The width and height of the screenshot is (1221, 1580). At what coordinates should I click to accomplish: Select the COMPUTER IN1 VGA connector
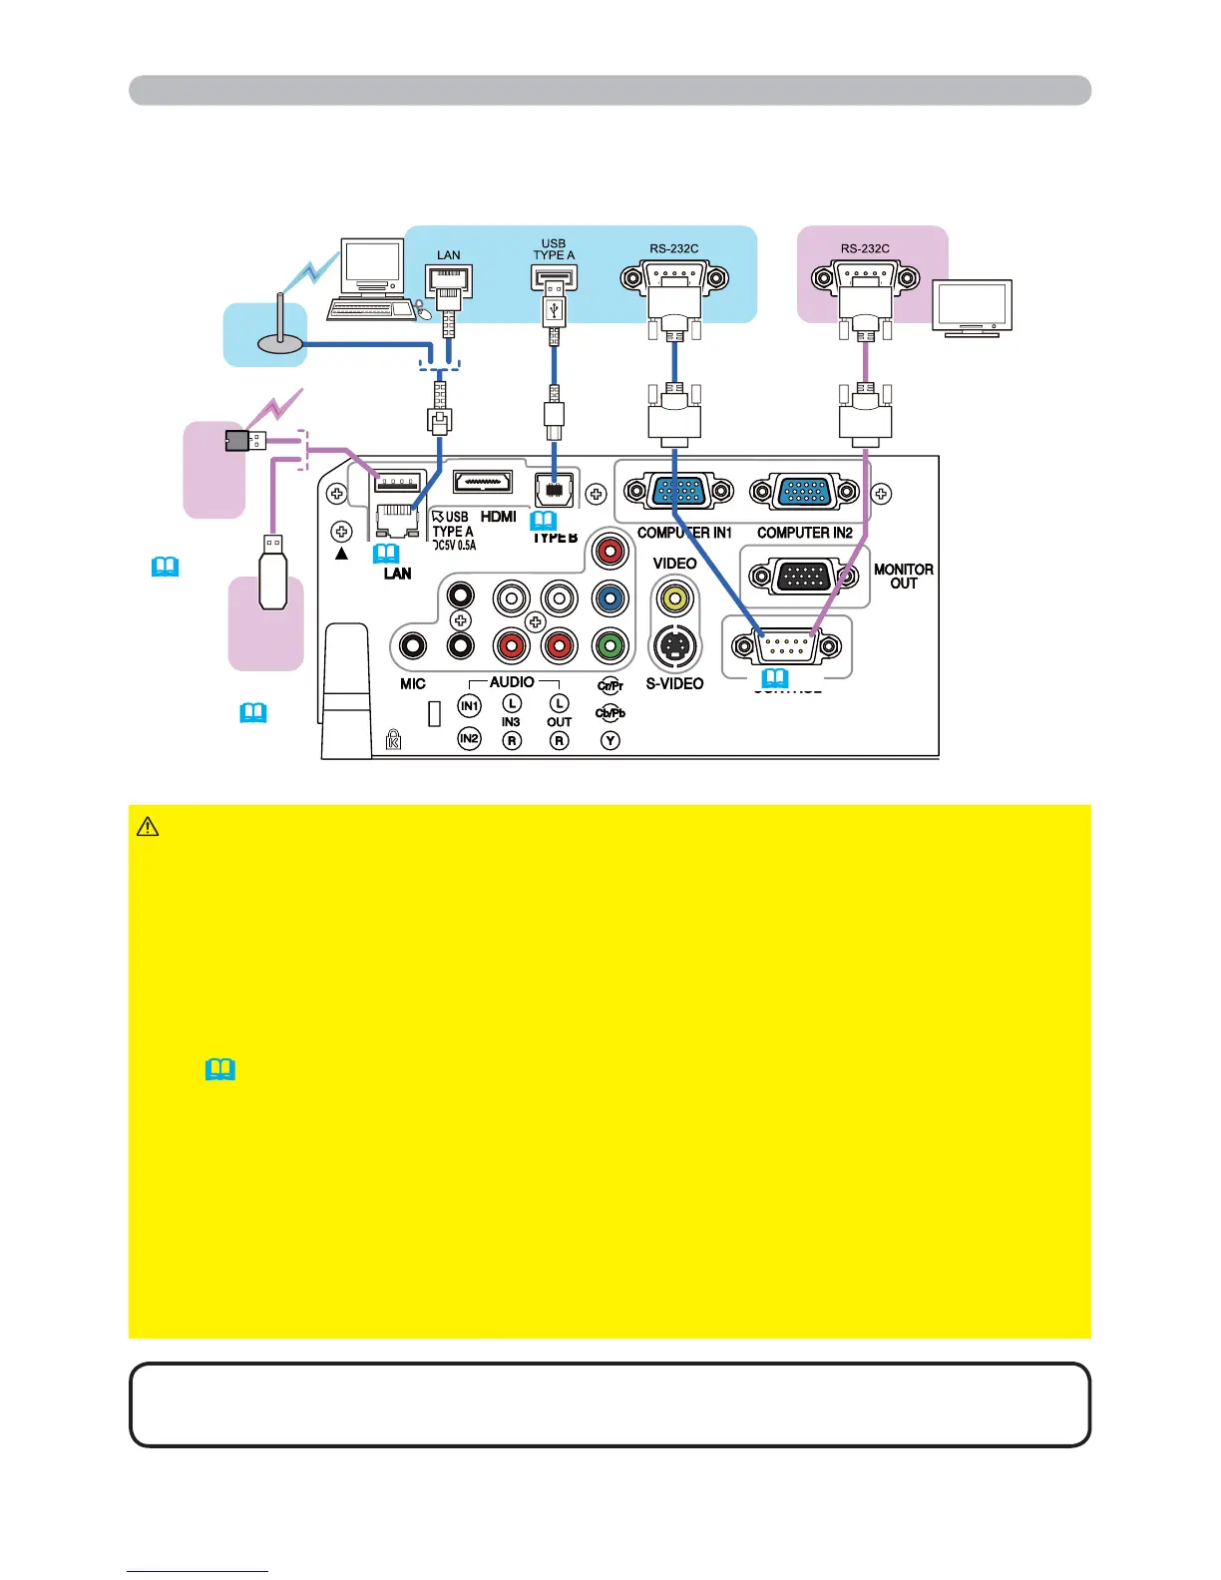(x=678, y=492)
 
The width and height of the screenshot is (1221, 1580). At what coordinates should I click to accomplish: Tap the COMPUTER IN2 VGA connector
(x=804, y=492)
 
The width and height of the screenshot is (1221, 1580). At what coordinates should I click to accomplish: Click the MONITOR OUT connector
(x=804, y=577)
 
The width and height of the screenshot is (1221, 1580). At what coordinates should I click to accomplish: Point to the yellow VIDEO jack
(x=675, y=598)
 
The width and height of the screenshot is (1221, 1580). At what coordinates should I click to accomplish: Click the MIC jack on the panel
(x=413, y=646)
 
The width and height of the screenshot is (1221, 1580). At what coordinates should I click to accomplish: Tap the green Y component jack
(x=609, y=646)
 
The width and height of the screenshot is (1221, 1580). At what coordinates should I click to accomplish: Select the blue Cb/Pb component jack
(x=609, y=598)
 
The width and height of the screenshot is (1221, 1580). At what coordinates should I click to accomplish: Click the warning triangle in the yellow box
(x=148, y=827)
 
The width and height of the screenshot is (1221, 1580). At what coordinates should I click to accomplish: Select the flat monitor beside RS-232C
(x=971, y=308)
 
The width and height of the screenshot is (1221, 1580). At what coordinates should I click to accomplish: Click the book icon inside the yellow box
(x=219, y=1070)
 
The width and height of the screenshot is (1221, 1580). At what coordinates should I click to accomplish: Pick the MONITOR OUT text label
(x=903, y=577)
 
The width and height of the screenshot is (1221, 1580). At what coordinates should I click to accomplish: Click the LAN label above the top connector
(x=449, y=255)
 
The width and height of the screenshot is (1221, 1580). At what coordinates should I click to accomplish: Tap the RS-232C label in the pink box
(x=865, y=248)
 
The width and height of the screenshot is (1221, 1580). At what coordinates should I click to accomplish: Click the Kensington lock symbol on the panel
(x=393, y=739)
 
